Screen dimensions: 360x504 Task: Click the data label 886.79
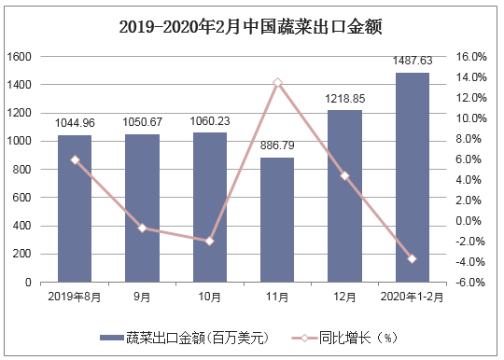[x=277, y=146]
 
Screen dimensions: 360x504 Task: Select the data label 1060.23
[x=210, y=121]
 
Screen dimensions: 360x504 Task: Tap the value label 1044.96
[x=75, y=123]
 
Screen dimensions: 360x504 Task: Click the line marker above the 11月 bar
[x=277, y=83]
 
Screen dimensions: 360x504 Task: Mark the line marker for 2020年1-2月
[x=412, y=258]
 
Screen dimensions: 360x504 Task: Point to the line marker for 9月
[x=143, y=228]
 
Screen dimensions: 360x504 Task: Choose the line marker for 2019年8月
[x=75, y=159]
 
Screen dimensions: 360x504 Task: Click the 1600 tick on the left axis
[x=21, y=57]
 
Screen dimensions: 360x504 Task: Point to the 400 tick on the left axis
[x=23, y=226]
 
